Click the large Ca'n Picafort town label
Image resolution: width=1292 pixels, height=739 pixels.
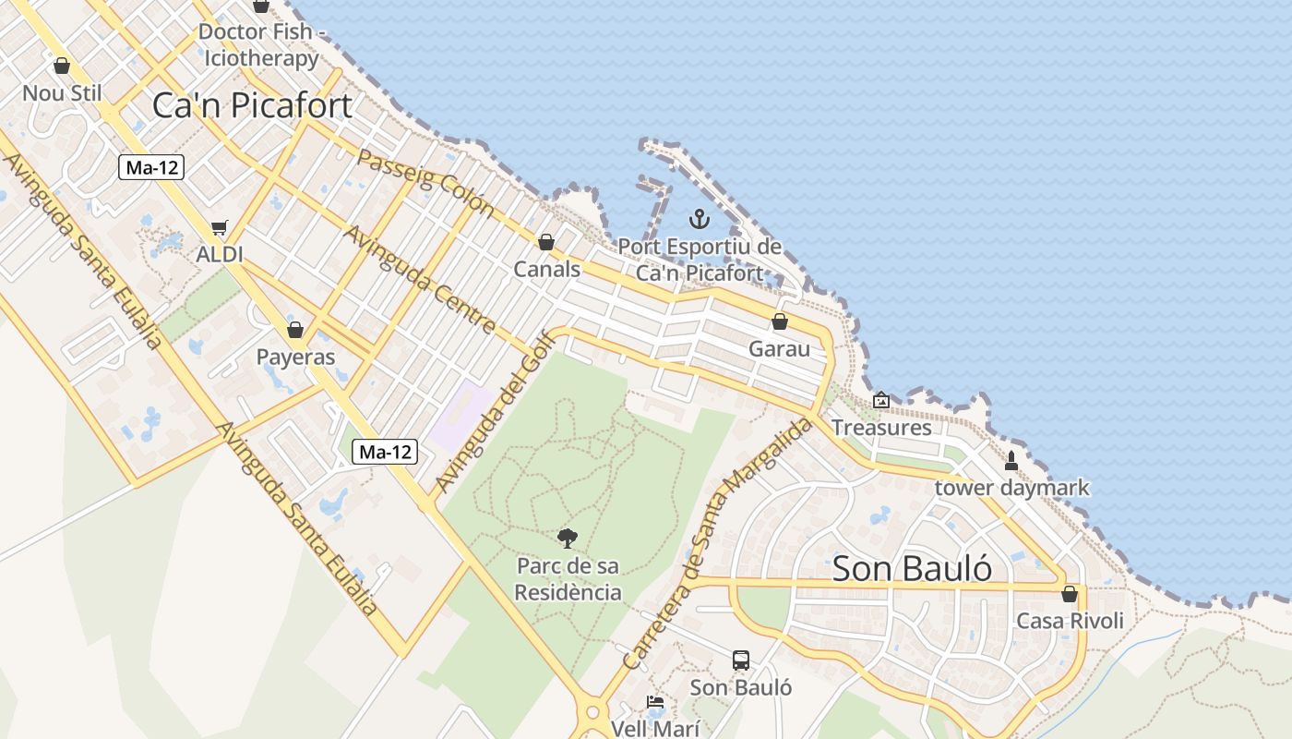(x=252, y=105)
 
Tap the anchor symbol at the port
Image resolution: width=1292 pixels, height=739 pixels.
(x=700, y=219)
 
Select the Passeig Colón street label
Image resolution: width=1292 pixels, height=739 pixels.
(x=425, y=181)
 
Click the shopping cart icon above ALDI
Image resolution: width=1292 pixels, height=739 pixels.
(x=219, y=227)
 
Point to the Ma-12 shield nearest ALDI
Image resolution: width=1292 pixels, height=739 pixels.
(x=152, y=167)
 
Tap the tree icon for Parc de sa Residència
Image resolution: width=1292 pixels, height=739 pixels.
(x=568, y=538)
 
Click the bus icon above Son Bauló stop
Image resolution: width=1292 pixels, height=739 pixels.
(x=741, y=660)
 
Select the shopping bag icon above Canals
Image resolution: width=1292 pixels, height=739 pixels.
(x=546, y=242)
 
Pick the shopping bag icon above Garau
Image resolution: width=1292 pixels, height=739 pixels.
(x=780, y=321)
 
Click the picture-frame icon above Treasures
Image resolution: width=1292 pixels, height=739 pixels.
(x=881, y=400)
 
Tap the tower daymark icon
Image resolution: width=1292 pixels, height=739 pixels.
(x=1011, y=460)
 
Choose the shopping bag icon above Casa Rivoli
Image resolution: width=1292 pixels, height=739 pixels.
(x=1070, y=594)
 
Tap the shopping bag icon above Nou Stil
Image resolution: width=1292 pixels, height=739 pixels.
(x=62, y=66)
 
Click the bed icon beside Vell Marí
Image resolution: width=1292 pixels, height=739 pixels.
(x=655, y=702)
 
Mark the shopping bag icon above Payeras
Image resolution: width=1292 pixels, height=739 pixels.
(x=295, y=330)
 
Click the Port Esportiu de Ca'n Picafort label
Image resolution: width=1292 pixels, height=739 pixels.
(x=700, y=260)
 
